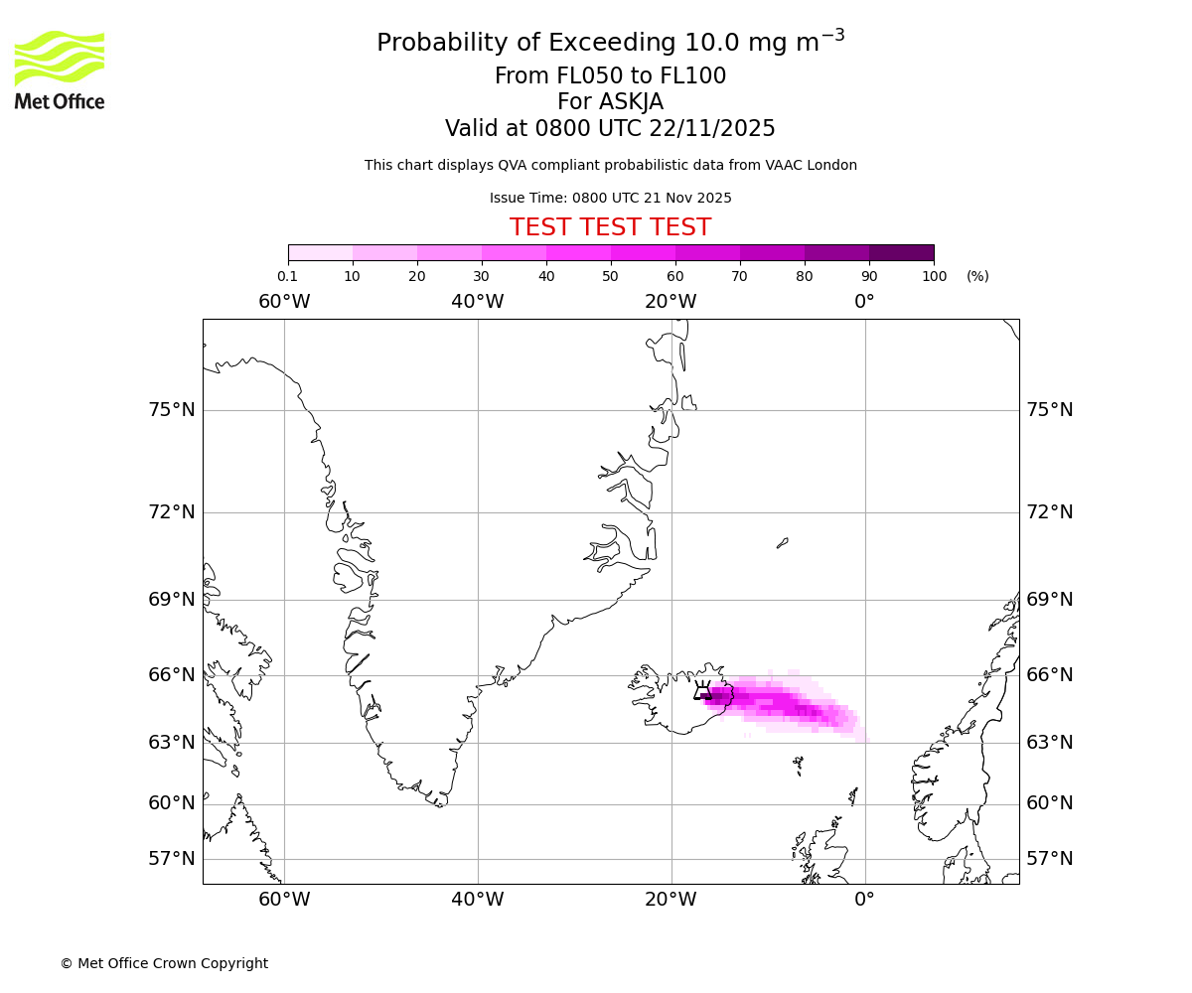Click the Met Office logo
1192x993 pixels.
tap(60, 70)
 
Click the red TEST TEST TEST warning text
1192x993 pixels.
tap(610, 227)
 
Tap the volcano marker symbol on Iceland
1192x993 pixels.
tap(702, 691)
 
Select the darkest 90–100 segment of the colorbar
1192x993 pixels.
tap(901, 252)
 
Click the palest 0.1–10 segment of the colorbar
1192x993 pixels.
tap(320, 252)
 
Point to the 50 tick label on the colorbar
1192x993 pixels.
tap(611, 276)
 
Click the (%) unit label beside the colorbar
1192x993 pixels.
tap(977, 276)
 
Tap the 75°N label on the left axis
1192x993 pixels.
tap(172, 410)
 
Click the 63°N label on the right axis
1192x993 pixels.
tap(1049, 743)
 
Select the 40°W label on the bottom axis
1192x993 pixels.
tap(478, 900)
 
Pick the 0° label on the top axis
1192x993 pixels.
tap(864, 302)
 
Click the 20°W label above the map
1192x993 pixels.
tap(670, 302)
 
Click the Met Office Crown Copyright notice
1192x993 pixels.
tap(164, 963)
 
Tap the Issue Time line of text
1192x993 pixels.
tap(610, 198)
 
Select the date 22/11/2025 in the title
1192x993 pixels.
tap(712, 129)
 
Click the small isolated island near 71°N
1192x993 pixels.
tap(783, 542)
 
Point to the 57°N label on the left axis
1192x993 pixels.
tap(172, 859)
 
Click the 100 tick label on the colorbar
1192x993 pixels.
tap(934, 276)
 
